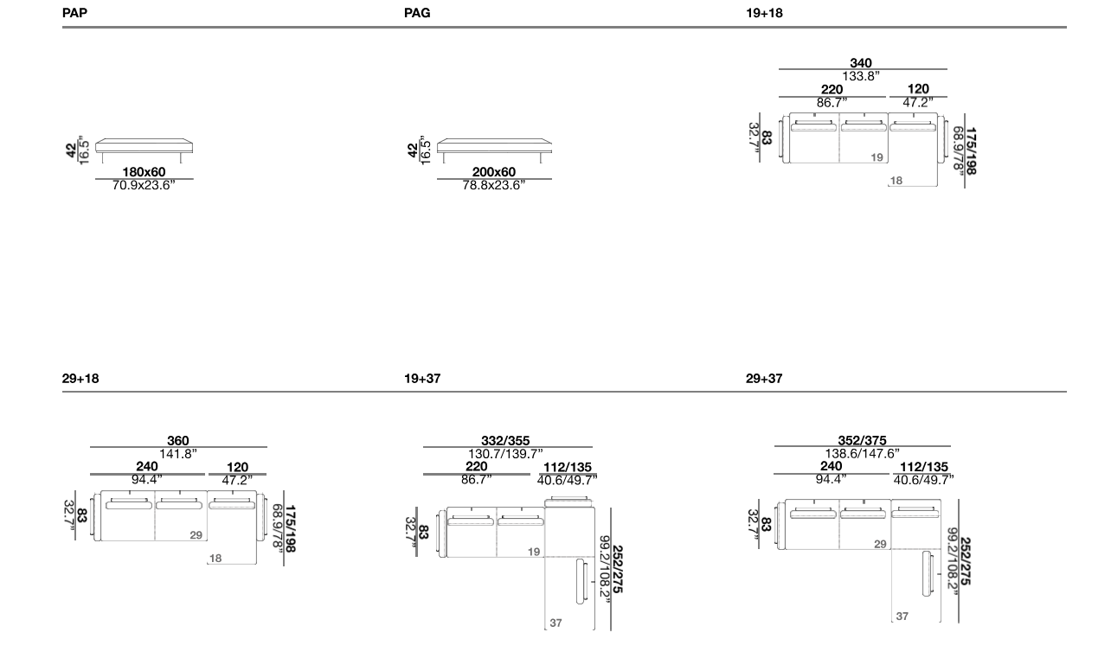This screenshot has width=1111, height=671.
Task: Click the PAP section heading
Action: [75, 13]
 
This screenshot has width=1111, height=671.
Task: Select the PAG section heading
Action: [417, 13]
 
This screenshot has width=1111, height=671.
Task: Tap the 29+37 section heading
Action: [764, 379]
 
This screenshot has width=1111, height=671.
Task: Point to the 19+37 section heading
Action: [422, 379]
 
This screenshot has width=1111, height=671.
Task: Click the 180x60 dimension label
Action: [144, 172]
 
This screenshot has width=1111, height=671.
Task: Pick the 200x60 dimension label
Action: [493, 172]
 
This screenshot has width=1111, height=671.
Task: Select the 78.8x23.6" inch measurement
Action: [493, 185]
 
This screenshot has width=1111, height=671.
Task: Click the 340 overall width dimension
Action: [861, 63]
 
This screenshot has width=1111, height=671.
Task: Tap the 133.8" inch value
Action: [861, 76]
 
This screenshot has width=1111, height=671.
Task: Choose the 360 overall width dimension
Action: [177, 441]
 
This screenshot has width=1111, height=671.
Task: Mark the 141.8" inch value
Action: [177, 454]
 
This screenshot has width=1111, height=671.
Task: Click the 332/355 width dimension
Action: [505, 441]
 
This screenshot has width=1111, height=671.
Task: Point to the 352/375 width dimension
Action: [862, 440]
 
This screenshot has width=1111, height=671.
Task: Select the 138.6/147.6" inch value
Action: [862, 453]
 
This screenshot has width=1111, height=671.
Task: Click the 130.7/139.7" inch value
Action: [505, 454]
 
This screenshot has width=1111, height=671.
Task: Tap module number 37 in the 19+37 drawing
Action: [555, 623]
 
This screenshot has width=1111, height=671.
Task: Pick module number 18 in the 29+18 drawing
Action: [215, 559]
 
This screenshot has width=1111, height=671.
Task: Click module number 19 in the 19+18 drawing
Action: [877, 157]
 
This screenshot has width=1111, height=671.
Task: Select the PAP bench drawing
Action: [144, 150]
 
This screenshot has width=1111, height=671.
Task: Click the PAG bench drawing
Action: [494, 150]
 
